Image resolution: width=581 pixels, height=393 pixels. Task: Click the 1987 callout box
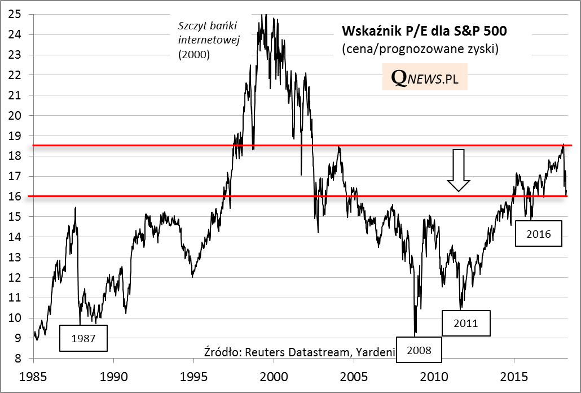[83, 339]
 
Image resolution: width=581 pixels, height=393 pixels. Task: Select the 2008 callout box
[419, 350]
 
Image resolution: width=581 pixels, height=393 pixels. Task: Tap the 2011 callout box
[466, 323]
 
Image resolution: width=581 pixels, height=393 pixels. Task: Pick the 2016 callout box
[539, 233]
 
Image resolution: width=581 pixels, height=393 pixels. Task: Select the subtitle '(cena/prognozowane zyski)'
[420, 49]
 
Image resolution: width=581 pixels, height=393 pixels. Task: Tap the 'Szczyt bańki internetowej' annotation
[209, 40]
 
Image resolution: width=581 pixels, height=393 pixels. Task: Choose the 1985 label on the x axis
[33, 375]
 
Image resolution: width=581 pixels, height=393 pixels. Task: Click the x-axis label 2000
[274, 375]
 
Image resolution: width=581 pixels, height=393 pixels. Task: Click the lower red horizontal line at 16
[169, 197]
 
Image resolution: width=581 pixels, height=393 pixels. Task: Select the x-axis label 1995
[193, 375]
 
